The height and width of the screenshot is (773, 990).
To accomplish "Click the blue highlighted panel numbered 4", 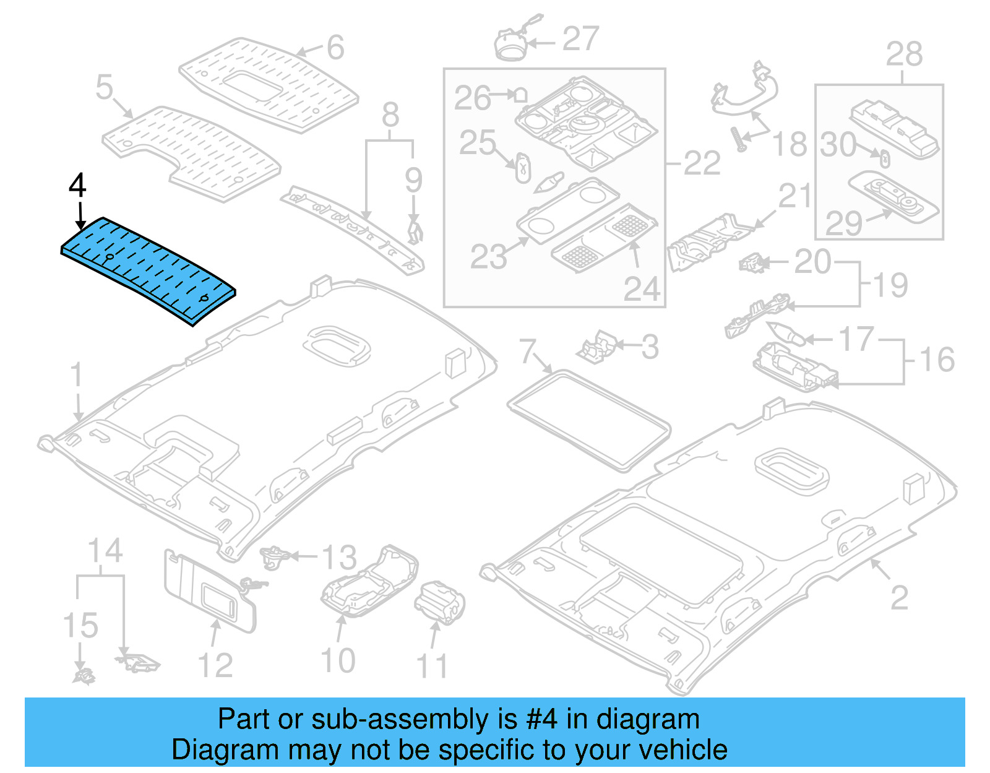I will click(148, 269).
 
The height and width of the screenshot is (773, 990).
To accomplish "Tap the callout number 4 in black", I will click(77, 185).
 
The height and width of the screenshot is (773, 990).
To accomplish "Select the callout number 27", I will click(580, 39).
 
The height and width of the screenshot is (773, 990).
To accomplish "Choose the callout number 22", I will click(702, 164).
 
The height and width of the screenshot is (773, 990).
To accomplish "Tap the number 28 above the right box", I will click(904, 54).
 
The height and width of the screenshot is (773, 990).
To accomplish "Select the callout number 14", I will click(105, 551).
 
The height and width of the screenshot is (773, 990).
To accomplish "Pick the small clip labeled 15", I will click(83, 676).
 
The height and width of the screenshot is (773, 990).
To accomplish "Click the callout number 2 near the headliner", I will click(899, 597).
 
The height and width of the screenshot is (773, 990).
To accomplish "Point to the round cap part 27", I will click(511, 43).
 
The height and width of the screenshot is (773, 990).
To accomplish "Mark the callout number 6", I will click(335, 48).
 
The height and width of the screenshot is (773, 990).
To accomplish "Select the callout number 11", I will click(431, 666).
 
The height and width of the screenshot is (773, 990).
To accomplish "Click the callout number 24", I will click(642, 288).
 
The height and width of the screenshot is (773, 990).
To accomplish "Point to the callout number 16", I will click(937, 360).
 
